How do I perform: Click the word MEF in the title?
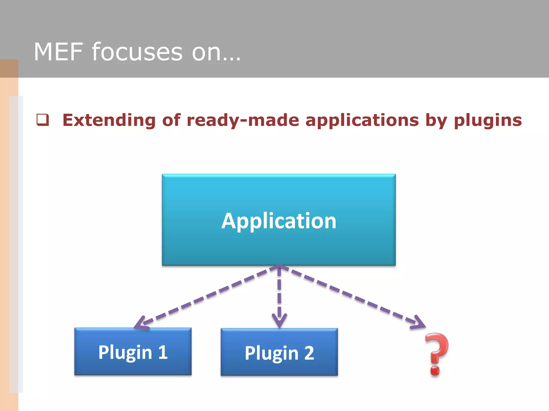point(58,52)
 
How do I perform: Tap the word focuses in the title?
point(137,52)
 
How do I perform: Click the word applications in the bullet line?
point(362,120)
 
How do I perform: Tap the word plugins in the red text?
point(488,120)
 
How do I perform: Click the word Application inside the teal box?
point(279,221)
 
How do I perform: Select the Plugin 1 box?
point(133,351)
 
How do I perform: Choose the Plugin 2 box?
point(279,352)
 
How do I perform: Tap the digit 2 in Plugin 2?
point(309,353)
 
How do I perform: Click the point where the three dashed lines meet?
point(279,266)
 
